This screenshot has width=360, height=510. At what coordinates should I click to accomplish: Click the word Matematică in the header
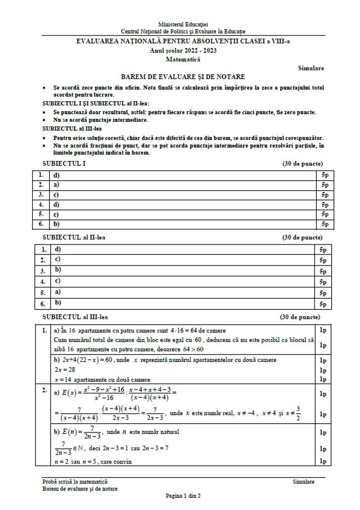point(183,59)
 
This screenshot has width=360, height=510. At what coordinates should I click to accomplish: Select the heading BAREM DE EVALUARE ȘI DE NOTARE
point(183,77)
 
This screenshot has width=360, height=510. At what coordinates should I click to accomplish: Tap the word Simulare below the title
point(310,68)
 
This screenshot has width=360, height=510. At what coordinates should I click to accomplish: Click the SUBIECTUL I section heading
point(64,163)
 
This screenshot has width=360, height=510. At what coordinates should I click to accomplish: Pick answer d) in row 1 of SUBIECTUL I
point(57,175)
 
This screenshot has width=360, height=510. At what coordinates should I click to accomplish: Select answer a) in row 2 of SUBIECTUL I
point(57,184)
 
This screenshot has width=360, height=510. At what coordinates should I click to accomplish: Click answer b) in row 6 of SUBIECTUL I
point(57,223)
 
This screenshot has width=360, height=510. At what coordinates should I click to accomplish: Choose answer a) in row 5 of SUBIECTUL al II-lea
point(57,292)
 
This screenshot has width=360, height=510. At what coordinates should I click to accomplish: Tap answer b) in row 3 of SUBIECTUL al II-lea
point(57,270)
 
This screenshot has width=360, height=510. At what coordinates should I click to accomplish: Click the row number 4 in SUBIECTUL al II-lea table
point(43,282)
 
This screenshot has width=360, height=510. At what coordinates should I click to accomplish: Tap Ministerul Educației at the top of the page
point(183,24)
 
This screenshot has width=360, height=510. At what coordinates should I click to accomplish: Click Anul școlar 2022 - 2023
point(183,50)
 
